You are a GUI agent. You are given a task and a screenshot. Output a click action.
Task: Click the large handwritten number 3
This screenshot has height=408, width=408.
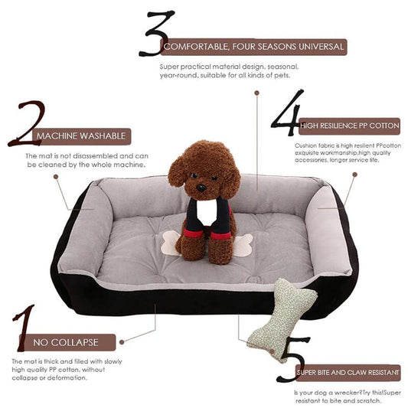[156, 34]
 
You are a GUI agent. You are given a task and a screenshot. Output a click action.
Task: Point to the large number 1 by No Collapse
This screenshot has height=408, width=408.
[24, 328]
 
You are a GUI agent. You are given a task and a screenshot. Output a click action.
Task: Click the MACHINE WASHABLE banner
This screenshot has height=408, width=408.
[81, 136]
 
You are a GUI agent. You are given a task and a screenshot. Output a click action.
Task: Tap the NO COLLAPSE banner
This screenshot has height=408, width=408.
[67, 342]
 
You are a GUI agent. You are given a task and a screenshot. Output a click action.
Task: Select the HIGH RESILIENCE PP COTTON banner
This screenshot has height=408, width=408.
[350, 126]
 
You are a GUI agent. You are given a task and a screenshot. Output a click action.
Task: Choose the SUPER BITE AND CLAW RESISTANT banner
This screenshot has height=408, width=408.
[348, 373]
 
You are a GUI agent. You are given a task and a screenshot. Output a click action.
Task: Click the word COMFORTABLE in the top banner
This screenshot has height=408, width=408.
[196, 47]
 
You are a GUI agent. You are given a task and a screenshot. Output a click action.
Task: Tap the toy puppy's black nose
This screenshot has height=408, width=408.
[201, 188]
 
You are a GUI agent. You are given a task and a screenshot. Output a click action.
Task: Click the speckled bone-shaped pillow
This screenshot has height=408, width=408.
[282, 319]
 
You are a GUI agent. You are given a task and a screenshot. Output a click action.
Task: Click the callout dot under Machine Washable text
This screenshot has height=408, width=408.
[56, 177]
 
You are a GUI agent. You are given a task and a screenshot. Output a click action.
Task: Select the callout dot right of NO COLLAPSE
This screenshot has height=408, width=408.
[122, 342]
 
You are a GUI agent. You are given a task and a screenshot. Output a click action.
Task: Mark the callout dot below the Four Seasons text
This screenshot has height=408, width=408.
[257, 93]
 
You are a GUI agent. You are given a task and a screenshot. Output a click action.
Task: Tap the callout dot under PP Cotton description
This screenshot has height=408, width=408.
[354, 175]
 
